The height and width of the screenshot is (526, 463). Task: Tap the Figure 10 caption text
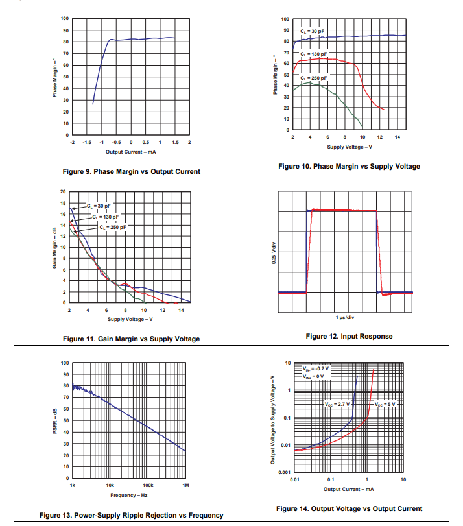349,166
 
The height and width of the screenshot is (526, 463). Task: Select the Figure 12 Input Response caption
349,336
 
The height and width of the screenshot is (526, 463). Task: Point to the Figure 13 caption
131,515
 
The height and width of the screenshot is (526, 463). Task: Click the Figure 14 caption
349,508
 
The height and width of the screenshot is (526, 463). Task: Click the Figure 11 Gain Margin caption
131,339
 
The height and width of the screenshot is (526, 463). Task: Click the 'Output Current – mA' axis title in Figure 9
130,152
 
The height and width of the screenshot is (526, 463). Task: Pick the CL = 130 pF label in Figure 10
314,54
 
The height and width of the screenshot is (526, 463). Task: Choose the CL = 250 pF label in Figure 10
314,78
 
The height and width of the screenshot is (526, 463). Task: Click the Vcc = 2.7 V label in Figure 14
337,403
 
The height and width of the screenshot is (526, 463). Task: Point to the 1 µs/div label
345,317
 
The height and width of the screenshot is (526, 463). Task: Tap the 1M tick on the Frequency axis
185,485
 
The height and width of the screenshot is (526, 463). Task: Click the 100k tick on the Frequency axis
147,485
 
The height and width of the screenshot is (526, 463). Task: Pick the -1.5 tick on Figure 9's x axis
87,141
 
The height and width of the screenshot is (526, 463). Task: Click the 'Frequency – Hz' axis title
128,495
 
